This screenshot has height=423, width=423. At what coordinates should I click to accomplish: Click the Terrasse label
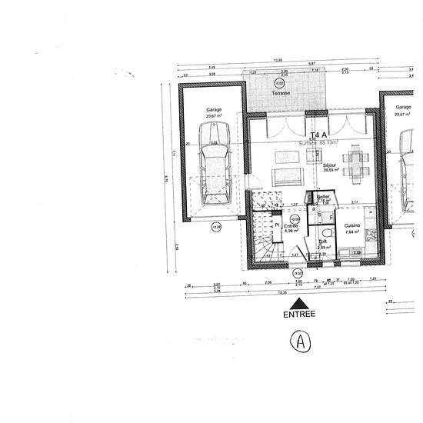click(x=280, y=93)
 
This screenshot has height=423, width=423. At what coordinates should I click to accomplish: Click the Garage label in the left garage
click(x=213, y=110)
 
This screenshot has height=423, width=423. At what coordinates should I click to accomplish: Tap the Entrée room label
click(x=291, y=226)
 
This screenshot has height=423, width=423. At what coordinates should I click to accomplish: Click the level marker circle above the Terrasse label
click(x=279, y=82)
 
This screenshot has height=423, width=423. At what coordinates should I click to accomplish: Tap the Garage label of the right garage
click(x=403, y=108)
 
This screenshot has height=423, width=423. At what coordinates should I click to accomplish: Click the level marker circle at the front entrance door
click(x=298, y=273)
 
